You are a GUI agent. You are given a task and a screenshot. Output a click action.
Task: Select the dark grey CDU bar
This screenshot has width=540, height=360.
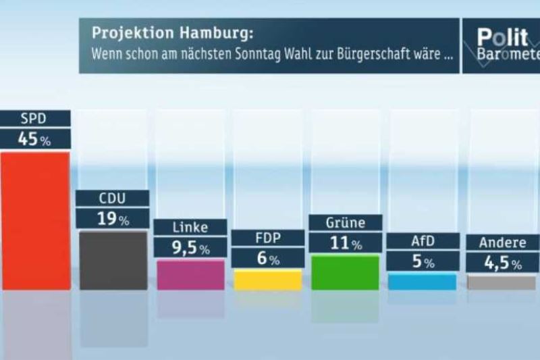click(113, 261)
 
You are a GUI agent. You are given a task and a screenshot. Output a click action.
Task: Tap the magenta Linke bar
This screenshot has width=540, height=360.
click(190, 275)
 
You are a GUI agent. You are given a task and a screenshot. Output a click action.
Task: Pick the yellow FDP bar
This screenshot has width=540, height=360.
click(267, 280)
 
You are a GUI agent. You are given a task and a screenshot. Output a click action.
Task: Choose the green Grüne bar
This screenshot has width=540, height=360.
click(345, 272)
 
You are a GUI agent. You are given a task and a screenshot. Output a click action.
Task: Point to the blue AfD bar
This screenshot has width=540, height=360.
click(423, 282)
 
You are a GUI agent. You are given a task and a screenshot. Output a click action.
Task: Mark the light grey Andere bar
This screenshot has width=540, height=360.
click(502, 282)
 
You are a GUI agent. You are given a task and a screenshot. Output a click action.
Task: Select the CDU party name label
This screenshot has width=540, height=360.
click(112, 198)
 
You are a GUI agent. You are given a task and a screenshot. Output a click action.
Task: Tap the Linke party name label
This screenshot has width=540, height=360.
click(190, 227)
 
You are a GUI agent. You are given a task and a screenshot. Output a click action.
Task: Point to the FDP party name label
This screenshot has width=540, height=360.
click(267, 238)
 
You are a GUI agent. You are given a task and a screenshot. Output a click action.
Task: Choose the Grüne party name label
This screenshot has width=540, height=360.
click(345, 222)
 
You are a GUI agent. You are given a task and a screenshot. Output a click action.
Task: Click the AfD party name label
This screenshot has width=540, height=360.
click(423, 241)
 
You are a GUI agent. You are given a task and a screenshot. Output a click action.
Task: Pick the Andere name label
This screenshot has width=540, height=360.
click(502, 242)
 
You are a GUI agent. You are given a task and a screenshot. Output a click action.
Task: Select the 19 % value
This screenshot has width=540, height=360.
click(112, 219)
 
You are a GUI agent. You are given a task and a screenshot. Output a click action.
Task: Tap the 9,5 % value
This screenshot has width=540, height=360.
click(190, 248)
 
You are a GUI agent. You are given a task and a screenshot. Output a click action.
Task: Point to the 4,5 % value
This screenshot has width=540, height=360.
click(502, 263)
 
